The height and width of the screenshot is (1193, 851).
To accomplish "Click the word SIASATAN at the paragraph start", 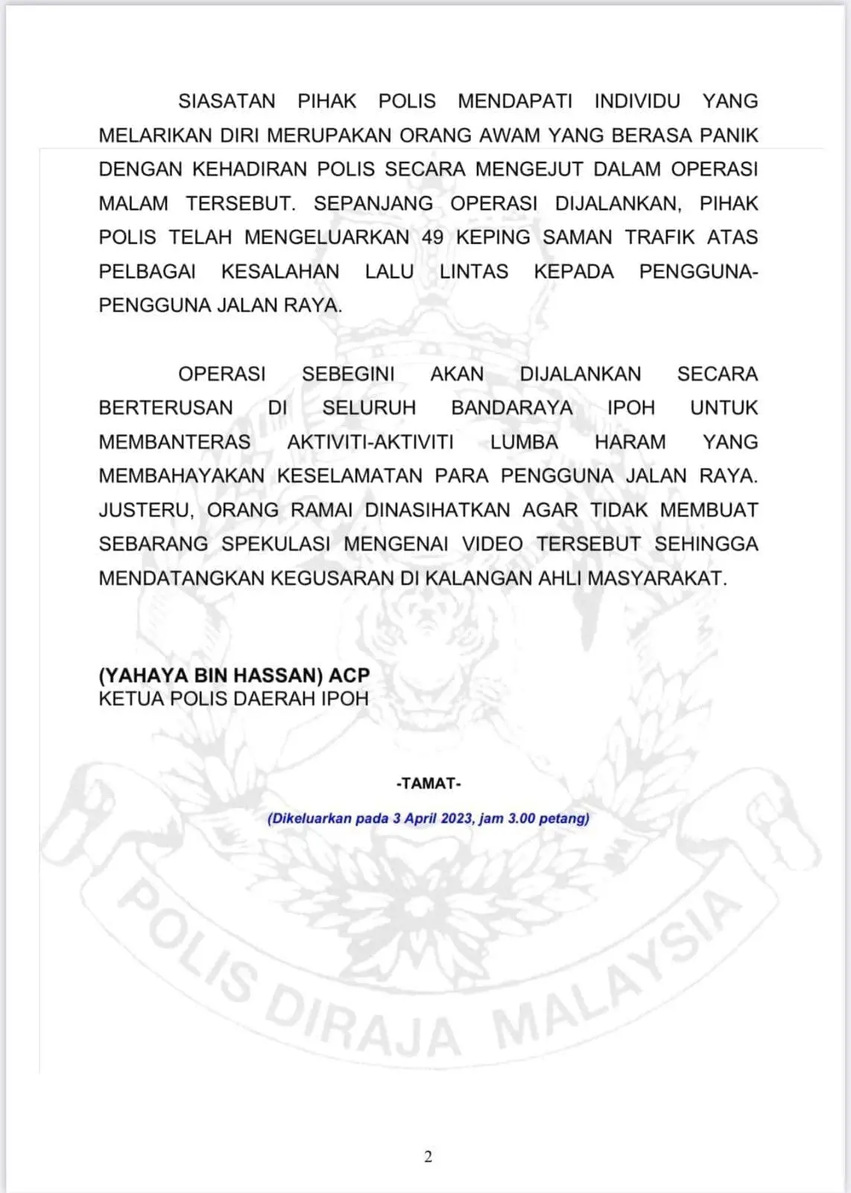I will click(x=227, y=101).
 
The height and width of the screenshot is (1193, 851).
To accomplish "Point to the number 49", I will click(x=432, y=237).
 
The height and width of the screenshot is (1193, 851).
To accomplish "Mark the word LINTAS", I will click(x=474, y=271).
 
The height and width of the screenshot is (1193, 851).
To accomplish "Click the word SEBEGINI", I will click(x=348, y=374).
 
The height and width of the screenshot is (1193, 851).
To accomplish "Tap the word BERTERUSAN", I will click(x=165, y=408).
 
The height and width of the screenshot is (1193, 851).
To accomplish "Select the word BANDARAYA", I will click(x=512, y=408).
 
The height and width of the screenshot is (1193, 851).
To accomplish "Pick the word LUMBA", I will click(x=524, y=441).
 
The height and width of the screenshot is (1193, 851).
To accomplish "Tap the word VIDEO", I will click(x=493, y=544).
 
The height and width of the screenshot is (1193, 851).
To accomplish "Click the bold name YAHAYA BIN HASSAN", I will click(x=211, y=676).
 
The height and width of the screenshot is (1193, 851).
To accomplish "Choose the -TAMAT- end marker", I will click(x=428, y=784).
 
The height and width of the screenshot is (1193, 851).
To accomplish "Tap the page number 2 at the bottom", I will click(x=428, y=1156).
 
